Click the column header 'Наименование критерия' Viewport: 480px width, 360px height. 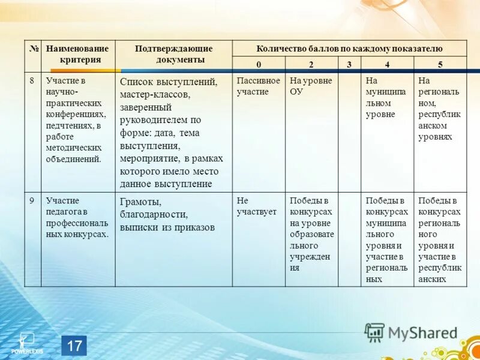point(78,54)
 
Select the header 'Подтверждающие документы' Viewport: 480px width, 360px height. point(173,54)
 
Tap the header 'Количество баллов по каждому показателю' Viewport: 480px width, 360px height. point(349,48)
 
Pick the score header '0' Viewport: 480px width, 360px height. point(259,64)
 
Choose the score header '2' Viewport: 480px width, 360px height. point(311,64)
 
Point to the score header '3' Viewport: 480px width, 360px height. point(349,64)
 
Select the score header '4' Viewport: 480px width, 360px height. point(387,64)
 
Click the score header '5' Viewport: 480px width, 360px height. point(440,64)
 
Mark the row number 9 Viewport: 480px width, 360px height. point(32,201)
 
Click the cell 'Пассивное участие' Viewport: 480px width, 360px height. point(258,86)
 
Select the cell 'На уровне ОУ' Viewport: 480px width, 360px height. point(310,86)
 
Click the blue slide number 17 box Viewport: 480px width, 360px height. point(74,346)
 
